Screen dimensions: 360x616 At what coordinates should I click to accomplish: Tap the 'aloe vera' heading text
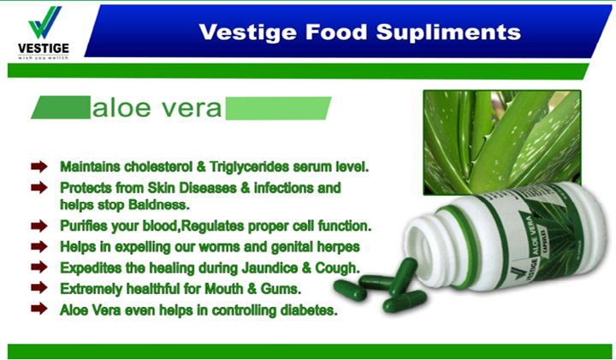pos(157,109)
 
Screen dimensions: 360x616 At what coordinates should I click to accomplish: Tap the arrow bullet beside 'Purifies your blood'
pos(38,227)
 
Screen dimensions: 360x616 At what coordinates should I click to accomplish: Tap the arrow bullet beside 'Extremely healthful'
pos(38,289)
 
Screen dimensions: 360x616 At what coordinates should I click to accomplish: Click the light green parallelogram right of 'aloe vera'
pos(278,108)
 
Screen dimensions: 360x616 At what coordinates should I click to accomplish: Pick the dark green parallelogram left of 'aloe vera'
pos(60,109)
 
